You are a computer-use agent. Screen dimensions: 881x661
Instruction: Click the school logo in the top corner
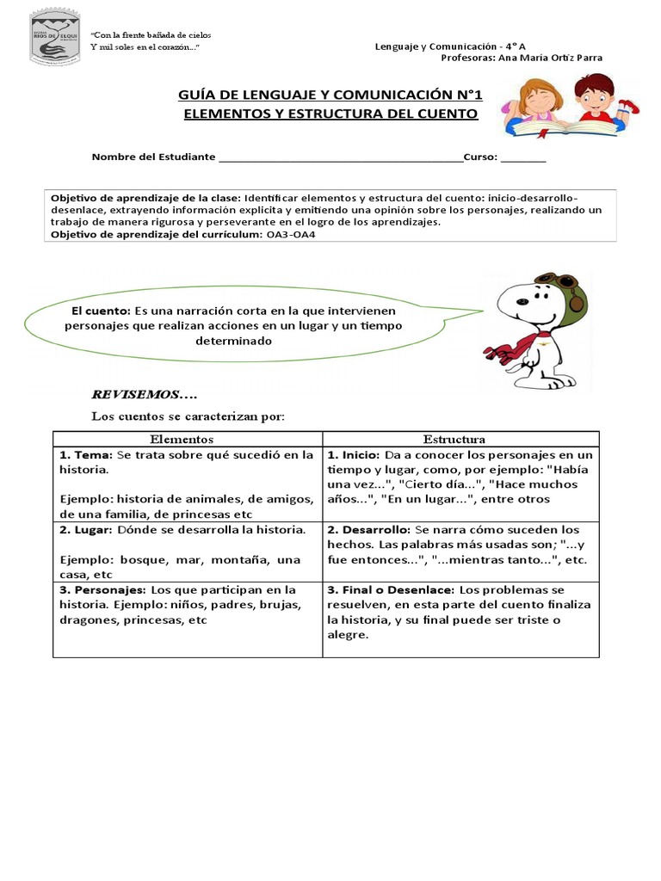[x=54, y=37]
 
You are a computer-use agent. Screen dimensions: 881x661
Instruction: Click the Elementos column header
[x=188, y=439]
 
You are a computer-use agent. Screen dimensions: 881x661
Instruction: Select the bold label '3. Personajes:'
[x=103, y=590]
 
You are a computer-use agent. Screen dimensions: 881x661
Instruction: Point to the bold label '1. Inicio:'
[x=354, y=455]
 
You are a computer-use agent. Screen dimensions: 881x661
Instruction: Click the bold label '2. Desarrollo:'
[x=368, y=529]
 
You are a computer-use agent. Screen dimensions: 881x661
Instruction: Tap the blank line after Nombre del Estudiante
[x=341, y=158]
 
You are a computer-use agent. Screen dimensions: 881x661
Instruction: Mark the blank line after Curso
[x=522, y=158]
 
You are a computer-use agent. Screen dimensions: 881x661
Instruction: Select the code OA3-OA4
[x=287, y=235]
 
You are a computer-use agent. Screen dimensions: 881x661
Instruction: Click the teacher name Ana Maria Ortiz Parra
[x=551, y=58]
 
